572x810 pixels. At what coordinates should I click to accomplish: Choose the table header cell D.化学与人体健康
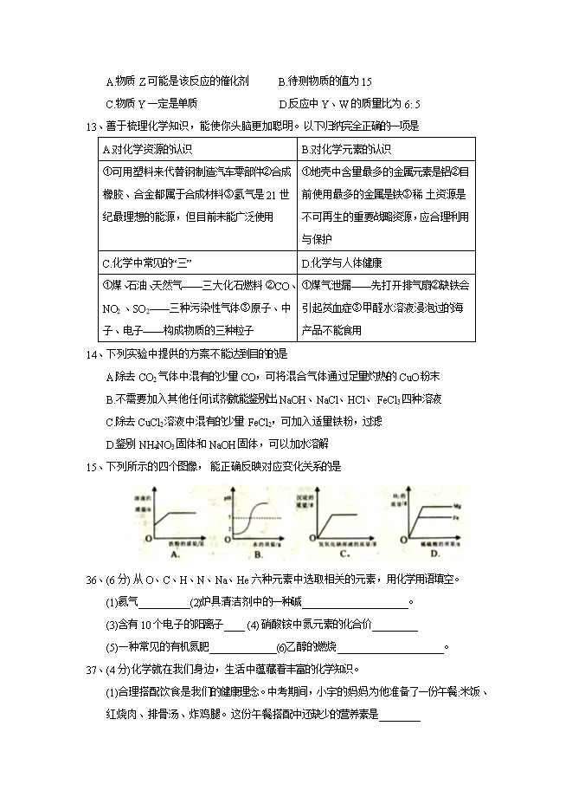[343, 262]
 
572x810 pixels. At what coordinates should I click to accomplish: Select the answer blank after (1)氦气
[163, 604]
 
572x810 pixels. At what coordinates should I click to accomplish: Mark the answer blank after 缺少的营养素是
[400, 716]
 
